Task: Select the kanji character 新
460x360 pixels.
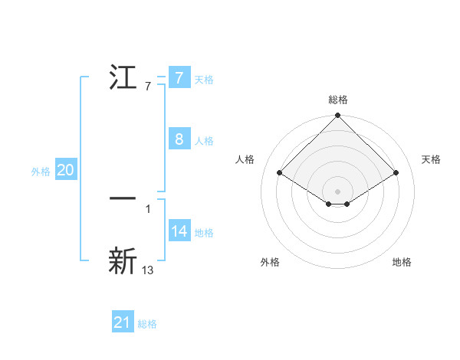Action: coord(123,260)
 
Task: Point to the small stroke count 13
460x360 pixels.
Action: coord(148,270)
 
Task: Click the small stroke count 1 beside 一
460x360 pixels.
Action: coord(148,208)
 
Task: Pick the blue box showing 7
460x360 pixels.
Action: coord(179,77)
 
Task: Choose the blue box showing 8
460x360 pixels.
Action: coord(179,139)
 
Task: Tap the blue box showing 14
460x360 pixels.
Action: coord(179,231)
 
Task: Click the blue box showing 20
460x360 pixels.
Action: coord(65,170)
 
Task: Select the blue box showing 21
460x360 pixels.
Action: coord(123,322)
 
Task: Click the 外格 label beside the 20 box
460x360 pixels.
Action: coord(41,172)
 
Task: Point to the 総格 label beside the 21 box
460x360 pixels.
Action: coord(147,324)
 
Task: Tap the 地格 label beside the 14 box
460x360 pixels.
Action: coord(204,233)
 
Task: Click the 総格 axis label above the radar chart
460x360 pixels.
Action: coord(338,100)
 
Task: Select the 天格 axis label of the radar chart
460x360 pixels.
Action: coord(431,159)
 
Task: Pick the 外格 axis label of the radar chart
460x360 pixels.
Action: coord(270,262)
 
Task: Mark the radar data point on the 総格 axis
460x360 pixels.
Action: coord(338,116)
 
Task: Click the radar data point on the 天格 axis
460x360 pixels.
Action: coord(396,172)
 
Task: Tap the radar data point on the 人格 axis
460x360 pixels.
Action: coord(280,172)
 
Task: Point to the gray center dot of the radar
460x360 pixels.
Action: coord(338,191)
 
